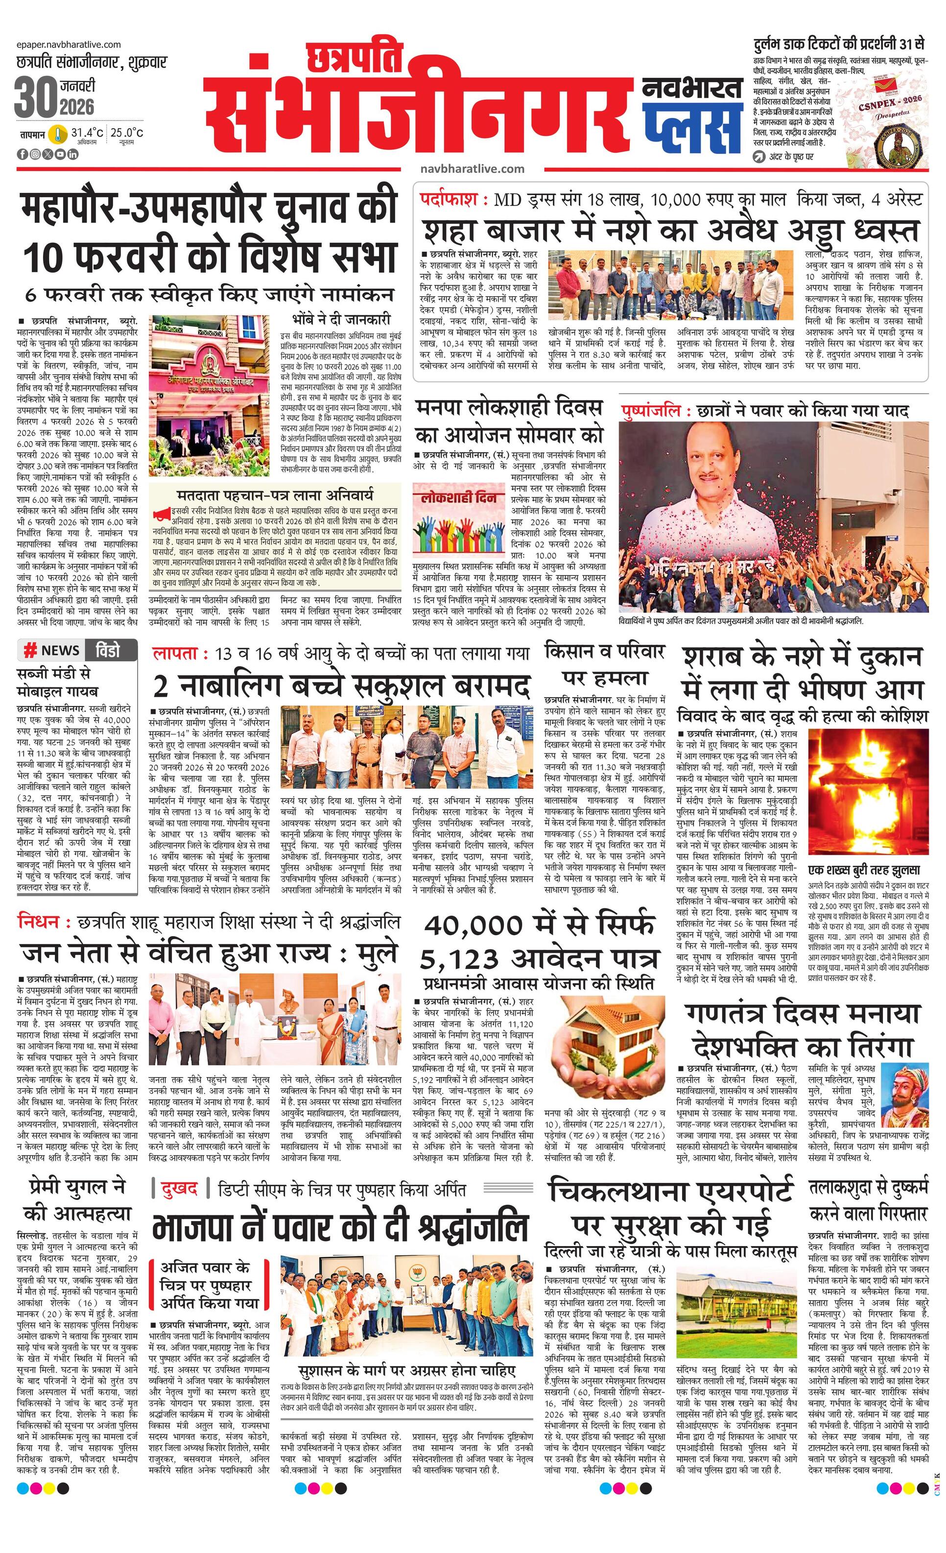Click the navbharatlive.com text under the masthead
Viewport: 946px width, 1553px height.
point(472,169)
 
